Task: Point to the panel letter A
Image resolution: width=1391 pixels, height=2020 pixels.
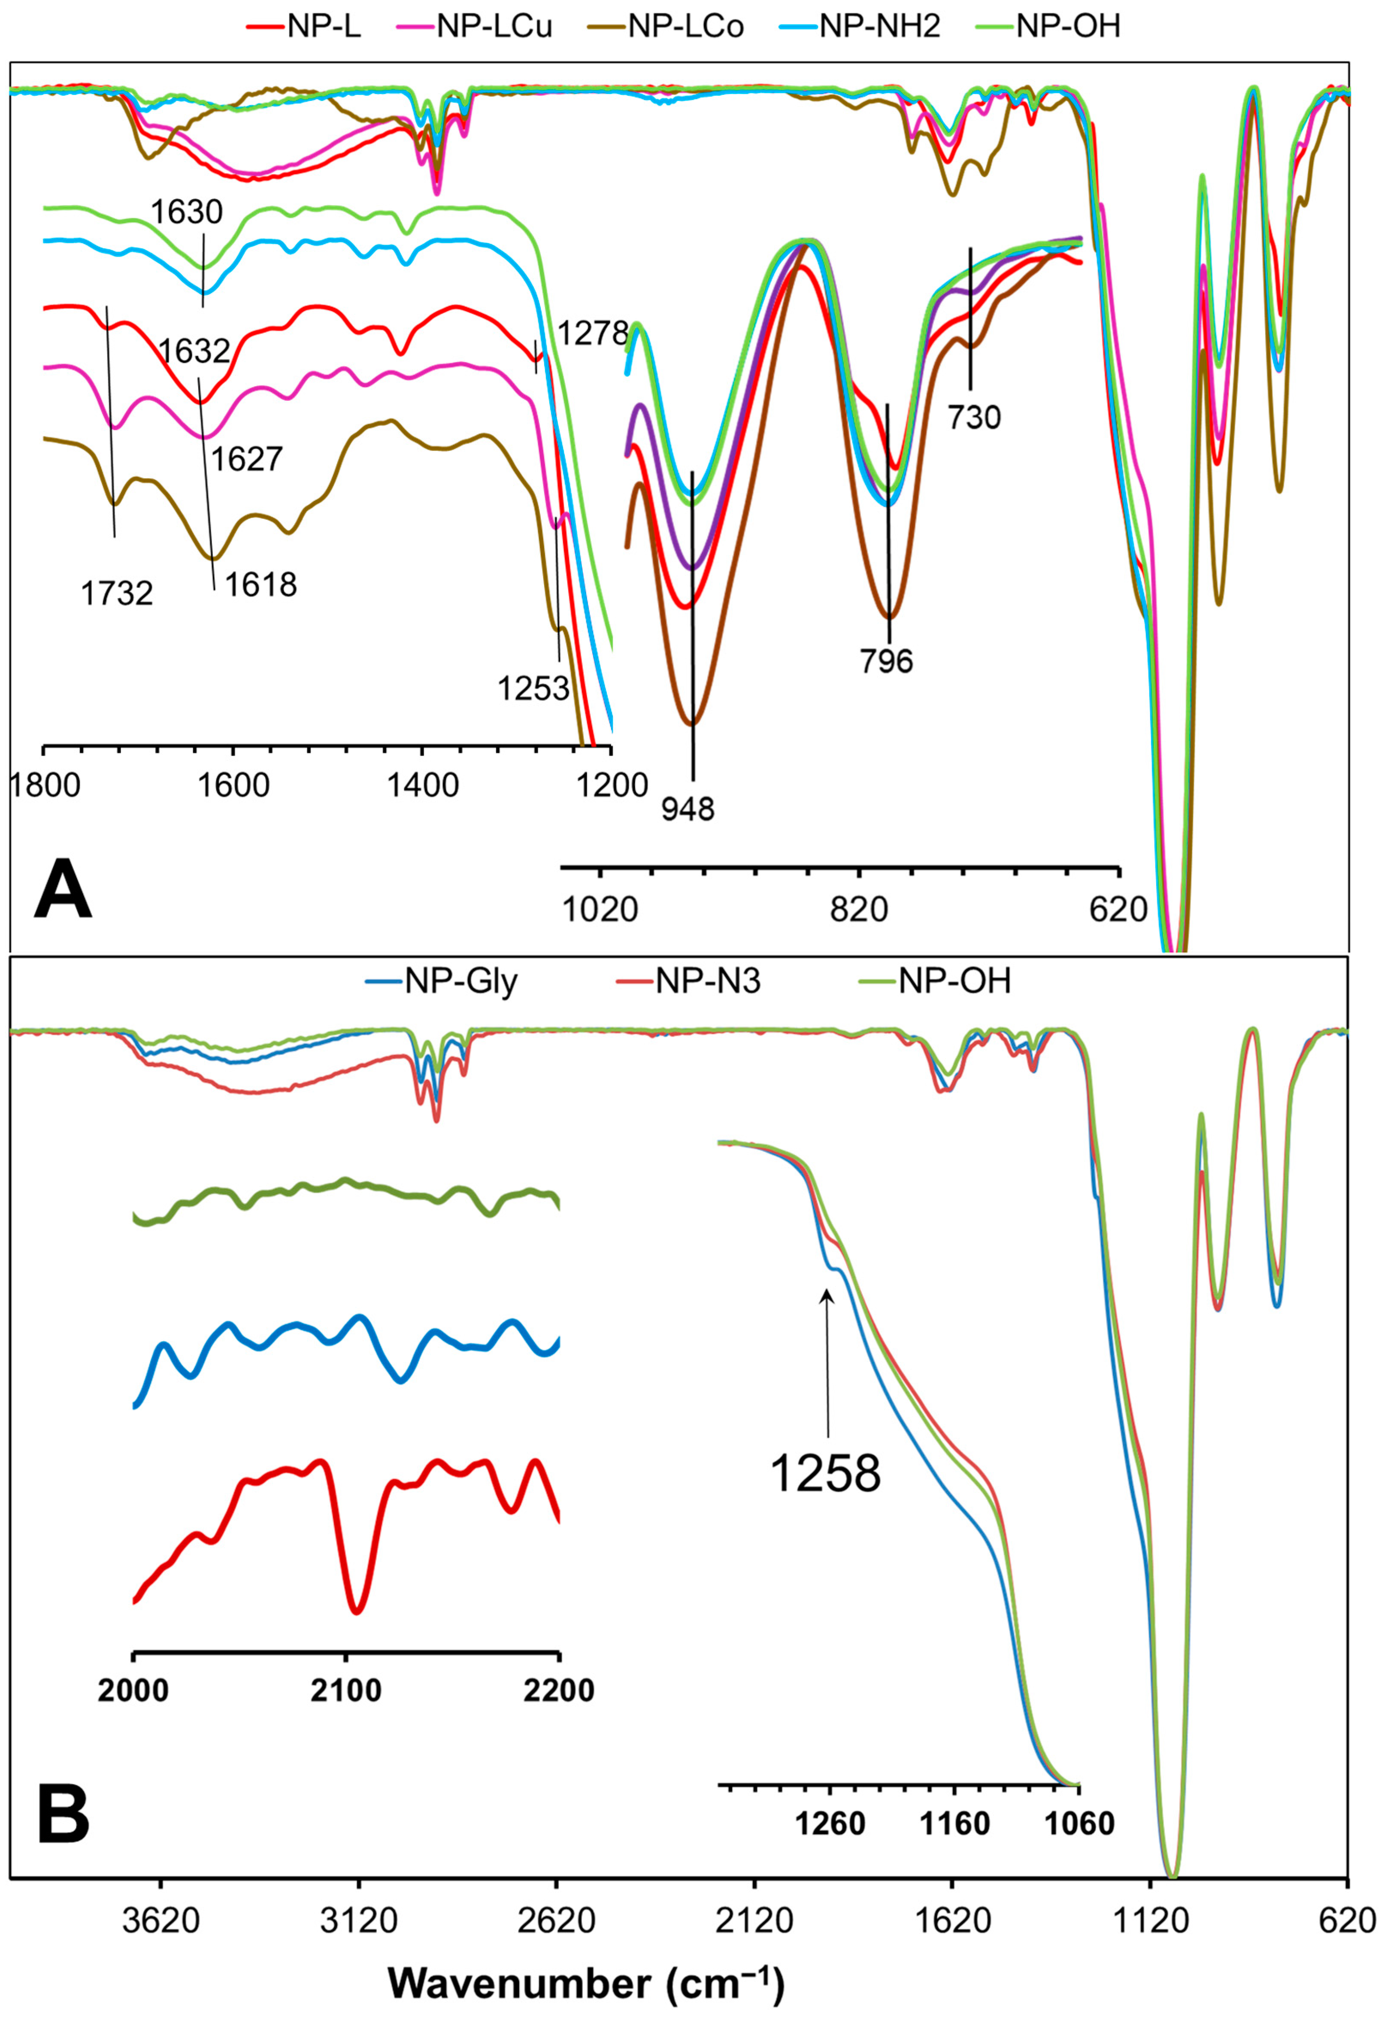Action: tap(63, 890)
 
